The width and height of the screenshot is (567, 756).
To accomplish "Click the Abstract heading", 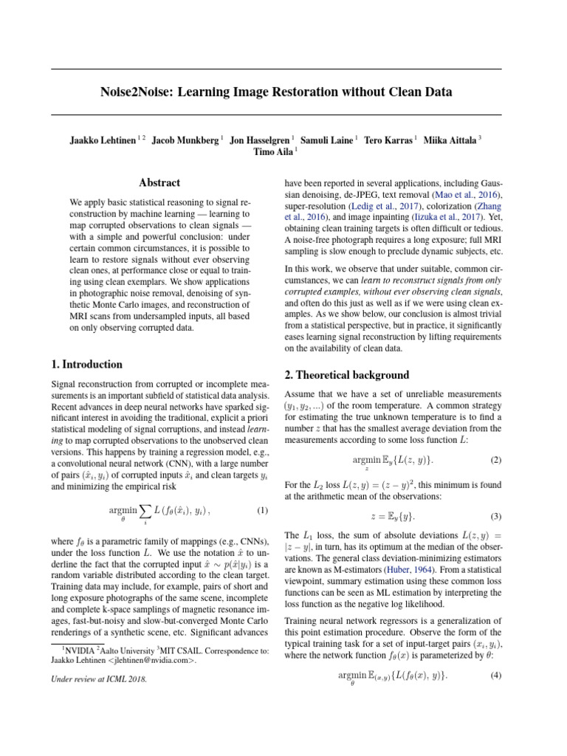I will [x=159, y=182].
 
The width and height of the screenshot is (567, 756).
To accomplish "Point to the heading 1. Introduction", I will [x=86, y=364].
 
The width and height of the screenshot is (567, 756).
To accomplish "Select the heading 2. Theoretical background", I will [x=346, y=374].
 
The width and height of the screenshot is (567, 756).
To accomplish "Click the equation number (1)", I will [x=262, y=511].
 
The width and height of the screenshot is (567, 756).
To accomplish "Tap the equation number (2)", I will [x=495, y=460].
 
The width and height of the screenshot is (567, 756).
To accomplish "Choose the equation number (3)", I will [x=495, y=516].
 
